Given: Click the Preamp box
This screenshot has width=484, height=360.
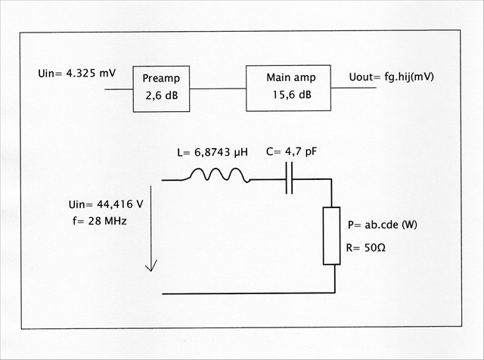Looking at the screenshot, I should click(x=161, y=88).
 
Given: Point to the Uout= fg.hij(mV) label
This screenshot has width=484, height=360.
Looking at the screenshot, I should click(x=390, y=76).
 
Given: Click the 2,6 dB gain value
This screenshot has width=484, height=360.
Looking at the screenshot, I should click(x=160, y=96).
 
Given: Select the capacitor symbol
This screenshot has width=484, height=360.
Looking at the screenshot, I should click(x=289, y=178).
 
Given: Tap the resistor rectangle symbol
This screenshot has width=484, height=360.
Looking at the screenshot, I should click(x=331, y=235).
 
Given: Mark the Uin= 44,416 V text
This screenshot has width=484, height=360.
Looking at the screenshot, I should click(x=102, y=204).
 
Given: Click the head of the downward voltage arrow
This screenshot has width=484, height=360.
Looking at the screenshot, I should click(x=151, y=265).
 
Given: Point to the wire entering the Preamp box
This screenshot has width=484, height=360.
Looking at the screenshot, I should click(x=119, y=88).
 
